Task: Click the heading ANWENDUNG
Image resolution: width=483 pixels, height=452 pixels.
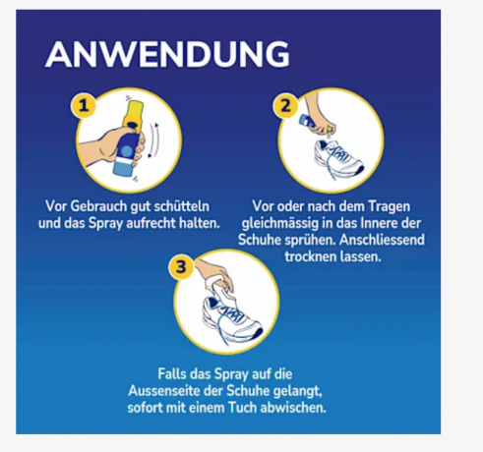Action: tap(167, 54)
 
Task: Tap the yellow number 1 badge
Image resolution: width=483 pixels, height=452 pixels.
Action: tap(84, 106)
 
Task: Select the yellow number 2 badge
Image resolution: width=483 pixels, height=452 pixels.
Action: tap(285, 106)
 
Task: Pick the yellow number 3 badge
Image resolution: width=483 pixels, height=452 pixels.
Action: tap(181, 266)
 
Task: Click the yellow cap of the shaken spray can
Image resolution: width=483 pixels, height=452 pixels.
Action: tap(133, 113)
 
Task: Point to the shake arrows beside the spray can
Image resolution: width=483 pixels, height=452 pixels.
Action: tap(153, 141)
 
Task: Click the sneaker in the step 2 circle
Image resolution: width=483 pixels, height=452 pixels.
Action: tap(337, 158)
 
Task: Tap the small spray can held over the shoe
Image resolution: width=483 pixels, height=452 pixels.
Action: tap(309, 122)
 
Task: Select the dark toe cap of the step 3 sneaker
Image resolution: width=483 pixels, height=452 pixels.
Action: tap(257, 334)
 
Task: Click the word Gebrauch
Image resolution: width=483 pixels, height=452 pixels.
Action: tap(98, 206)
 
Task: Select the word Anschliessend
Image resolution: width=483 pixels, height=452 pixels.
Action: tap(382, 240)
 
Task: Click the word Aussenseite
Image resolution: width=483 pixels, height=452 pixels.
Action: tap(164, 391)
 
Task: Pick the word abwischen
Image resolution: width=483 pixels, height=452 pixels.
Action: tap(293, 408)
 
